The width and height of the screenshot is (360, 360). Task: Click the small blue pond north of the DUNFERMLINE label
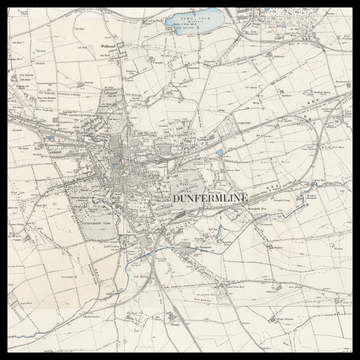coord(220,152)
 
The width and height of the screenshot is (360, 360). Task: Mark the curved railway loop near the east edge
coord(316,150)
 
